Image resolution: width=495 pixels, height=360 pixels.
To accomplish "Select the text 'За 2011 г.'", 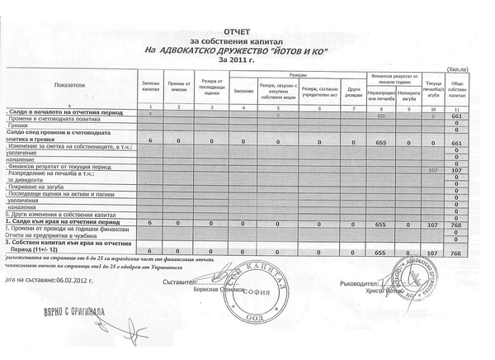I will click(x=243, y=59).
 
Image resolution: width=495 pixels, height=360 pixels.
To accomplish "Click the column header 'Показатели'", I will click(x=69, y=85).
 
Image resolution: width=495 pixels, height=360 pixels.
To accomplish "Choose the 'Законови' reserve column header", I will click(x=243, y=89).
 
